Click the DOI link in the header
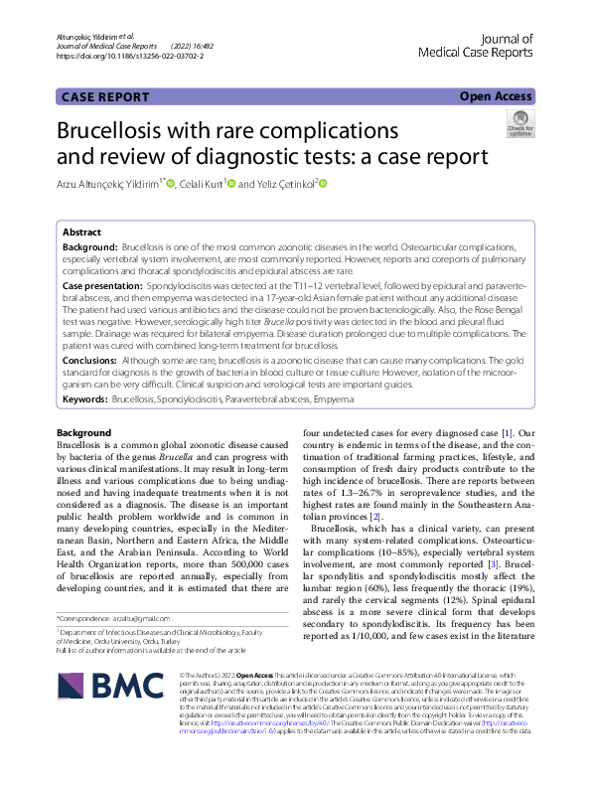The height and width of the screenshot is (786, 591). (130, 58)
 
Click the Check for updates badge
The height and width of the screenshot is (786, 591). (519, 124)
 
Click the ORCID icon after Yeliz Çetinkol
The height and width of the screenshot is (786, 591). (323, 183)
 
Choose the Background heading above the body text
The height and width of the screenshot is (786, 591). (84, 433)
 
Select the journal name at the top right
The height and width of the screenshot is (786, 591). (476, 45)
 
